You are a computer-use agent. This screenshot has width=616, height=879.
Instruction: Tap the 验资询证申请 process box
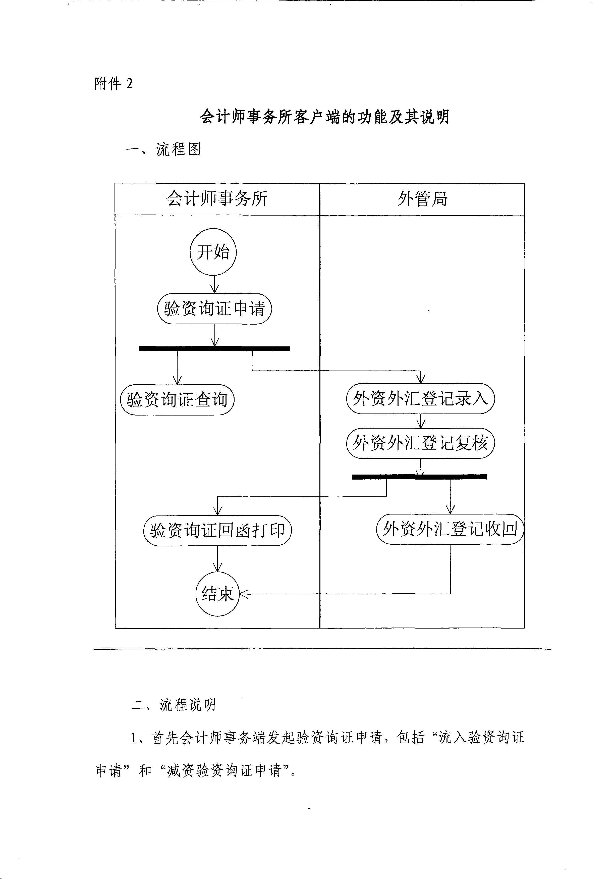click(214, 308)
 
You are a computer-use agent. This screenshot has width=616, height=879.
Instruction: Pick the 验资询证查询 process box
click(177, 400)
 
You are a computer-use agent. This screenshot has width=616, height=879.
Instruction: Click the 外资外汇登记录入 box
click(420, 398)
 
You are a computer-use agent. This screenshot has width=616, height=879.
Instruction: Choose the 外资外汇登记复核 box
click(420, 443)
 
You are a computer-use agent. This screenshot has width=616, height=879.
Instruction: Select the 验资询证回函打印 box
click(217, 530)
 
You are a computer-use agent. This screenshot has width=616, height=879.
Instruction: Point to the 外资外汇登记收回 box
click(450, 529)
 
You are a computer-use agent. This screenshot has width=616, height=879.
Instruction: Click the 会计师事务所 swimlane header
click(217, 199)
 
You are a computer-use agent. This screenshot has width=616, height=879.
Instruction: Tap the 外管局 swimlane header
click(422, 199)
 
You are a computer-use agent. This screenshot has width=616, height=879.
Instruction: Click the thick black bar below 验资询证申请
click(215, 348)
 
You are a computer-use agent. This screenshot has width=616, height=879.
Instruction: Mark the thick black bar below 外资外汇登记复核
click(419, 477)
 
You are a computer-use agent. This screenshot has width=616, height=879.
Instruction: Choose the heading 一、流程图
click(163, 149)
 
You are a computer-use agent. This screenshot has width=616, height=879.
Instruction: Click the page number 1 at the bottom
click(309, 806)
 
